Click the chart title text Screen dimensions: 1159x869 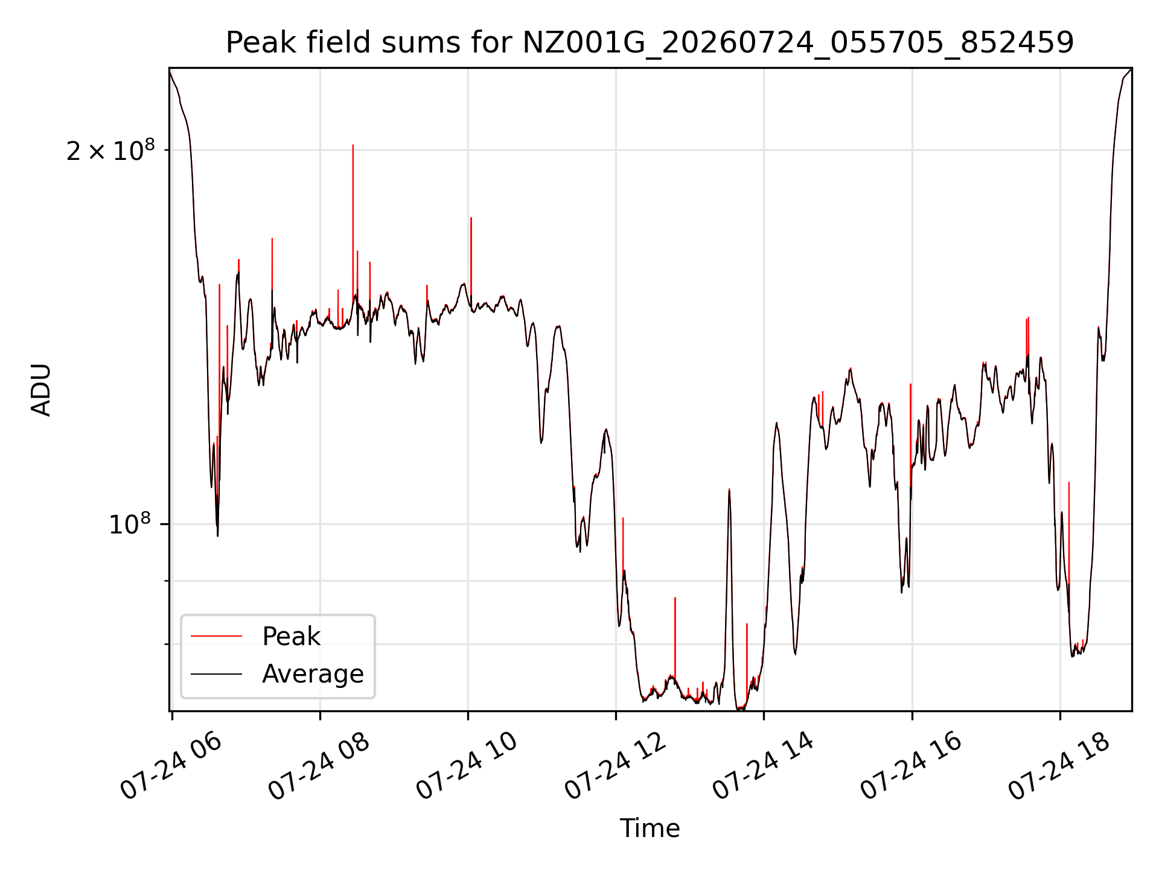click(x=650, y=43)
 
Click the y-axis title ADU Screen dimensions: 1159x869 click(x=41, y=390)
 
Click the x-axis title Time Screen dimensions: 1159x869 click(x=650, y=828)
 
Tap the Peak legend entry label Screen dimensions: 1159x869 click(x=291, y=636)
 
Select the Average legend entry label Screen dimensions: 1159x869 click(x=313, y=673)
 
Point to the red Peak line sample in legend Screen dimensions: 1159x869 click(x=216, y=636)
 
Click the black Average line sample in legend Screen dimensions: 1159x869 click(x=216, y=674)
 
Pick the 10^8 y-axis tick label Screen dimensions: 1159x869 click(x=131, y=524)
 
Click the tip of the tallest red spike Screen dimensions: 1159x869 click(x=353, y=145)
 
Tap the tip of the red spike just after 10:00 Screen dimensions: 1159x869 click(x=471, y=217)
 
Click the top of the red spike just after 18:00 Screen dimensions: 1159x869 click(x=1069, y=482)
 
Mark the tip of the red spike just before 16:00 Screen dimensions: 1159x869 click(x=910, y=384)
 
